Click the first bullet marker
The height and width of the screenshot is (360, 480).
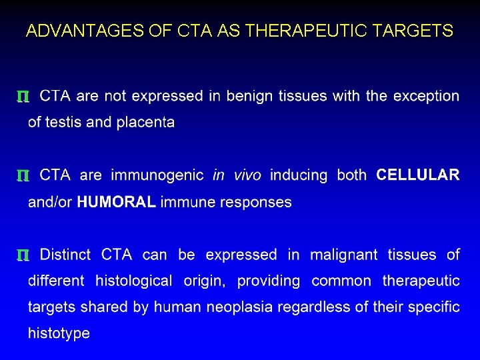(x=22, y=97)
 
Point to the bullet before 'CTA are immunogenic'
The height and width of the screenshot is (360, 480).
(x=22, y=177)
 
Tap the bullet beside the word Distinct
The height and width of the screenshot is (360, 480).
(x=22, y=256)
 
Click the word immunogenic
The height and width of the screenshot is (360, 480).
(x=157, y=175)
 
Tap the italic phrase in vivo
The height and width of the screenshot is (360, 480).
(x=237, y=175)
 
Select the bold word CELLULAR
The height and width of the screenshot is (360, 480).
(x=418, y=175)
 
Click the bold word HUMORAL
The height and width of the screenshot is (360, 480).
(x=117, y=202)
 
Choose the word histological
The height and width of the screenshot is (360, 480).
(x=134, y=281)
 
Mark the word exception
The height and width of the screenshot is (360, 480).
(x=426, y=97)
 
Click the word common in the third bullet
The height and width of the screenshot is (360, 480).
(x=341, y=281)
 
